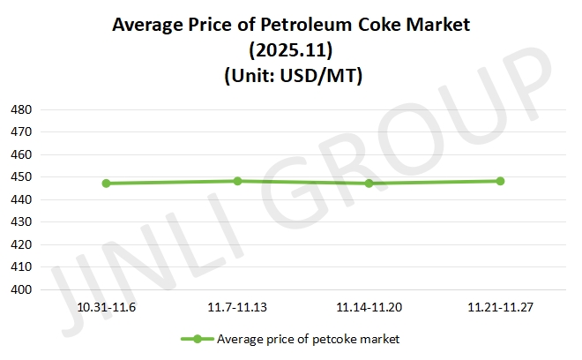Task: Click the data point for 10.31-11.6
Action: pyautogui.click(x=106, y=184)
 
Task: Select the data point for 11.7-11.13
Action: pyautogui.click(x=238, y=181)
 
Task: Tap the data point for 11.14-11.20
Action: pyautogui.click(x=369, y=184)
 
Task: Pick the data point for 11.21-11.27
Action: pyautogui.click(x=500, y=181)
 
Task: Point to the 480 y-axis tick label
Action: pyautogui.click(x=21, y=109)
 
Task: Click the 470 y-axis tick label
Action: pyautogui.click(x=21, y=131)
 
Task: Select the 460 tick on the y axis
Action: pyautogui.click(x=21, y=154)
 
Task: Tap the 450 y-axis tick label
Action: pyautogui.click(x=21, y=177)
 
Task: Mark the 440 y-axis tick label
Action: pyautogui.click(x=21, y=199)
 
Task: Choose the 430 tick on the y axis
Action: pyautogui.click(x=21, y=222)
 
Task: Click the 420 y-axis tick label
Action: pyautogui.click(x=21, y=244)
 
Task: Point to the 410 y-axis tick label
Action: pyautogui.click(x=21, y=266)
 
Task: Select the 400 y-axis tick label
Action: pyautogui.click(x=21, y=289)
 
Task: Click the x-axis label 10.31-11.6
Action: pyautogui.click(x=106, y=308)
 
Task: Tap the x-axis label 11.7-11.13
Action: pyautogui.click(x=238, y=308)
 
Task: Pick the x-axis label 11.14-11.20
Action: pyautogui.click(x=369, y=308)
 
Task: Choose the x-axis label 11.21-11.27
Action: pyautogui.click(x=500, y=308)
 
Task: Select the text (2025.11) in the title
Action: pyautogui.click(x=291, y=51)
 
